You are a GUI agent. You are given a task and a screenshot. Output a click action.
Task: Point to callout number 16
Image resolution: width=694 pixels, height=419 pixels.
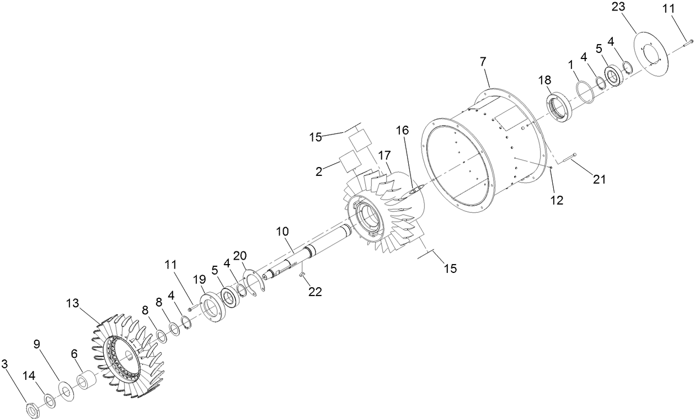pos(403,130)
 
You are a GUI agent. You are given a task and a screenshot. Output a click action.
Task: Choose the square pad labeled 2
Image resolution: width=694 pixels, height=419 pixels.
pos(350,161)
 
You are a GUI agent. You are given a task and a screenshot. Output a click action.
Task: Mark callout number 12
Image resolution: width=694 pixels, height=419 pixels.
pos(557,201)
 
